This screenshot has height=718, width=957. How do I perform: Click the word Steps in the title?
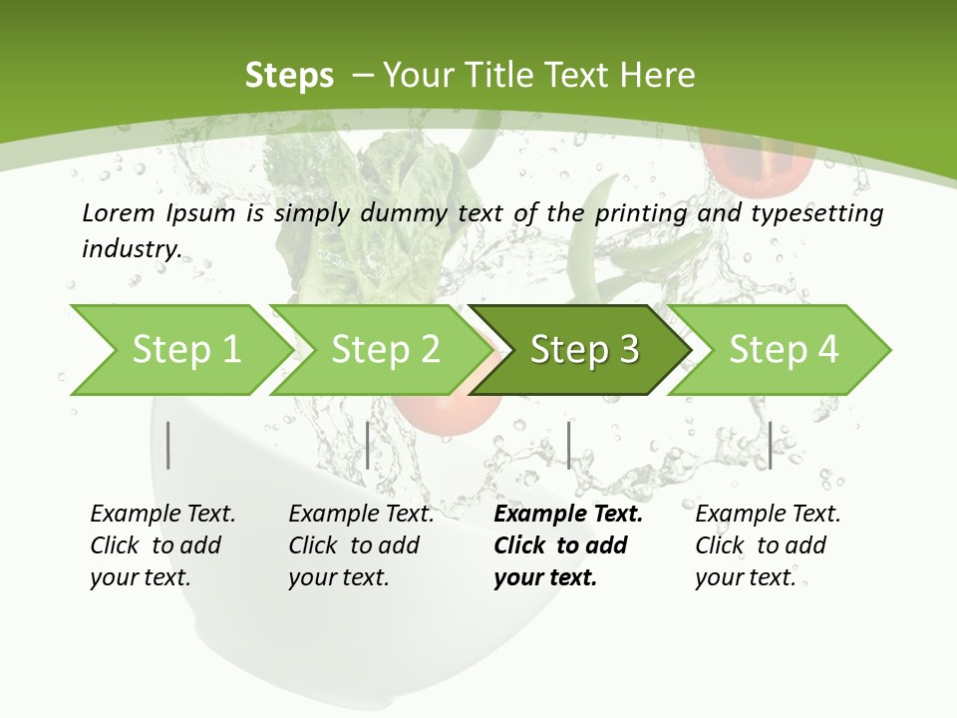[x=289, y=75]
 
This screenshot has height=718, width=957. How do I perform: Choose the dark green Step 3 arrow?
[x=584, y=350]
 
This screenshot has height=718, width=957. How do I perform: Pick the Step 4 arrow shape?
[x=784, y=350]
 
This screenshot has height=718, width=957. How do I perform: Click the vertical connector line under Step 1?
[x=168, y=445]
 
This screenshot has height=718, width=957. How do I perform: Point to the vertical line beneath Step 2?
[x=368, y=445]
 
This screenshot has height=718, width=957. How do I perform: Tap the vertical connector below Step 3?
[x=568, y=445]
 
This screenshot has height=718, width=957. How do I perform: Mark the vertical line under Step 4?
[x=770, y=445]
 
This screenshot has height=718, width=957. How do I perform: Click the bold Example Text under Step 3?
[x=568, y=545]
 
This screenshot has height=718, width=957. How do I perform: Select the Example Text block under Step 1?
[x=162, y=545]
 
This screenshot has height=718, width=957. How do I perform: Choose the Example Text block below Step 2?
[x=361, y=545]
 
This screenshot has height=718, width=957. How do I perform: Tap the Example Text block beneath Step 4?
[x=768, y=545]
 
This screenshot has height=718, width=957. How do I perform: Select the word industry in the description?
[x=132, y=249]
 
